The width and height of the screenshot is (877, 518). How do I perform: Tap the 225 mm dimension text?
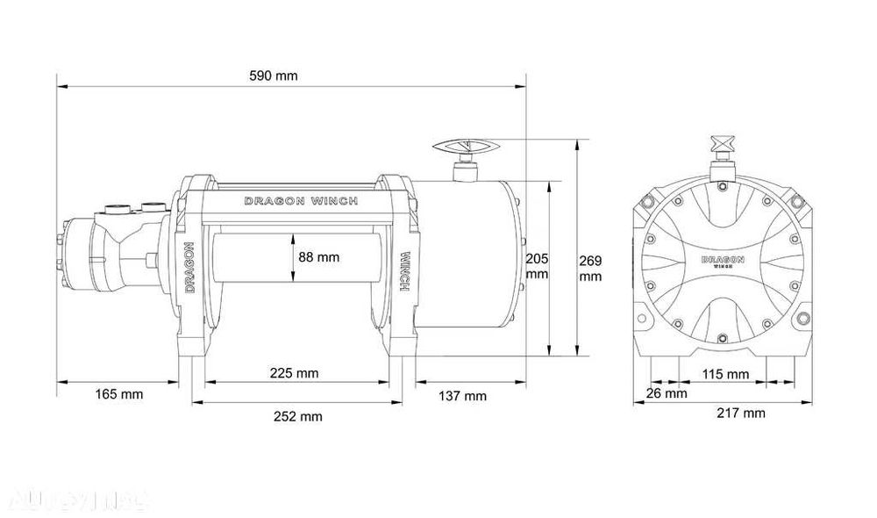coord(294,373)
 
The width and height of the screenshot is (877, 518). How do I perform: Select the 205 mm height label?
coord(536,265)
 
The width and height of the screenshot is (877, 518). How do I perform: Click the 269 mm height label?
coord(590,268)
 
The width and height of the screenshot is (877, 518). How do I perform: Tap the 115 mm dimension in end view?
coord(725,374)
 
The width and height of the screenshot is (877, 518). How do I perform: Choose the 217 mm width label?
coord(741,413)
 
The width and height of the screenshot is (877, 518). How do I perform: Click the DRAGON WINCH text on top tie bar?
coord(300,201)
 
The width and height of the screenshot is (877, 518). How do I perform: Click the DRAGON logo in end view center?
coord(724,262)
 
